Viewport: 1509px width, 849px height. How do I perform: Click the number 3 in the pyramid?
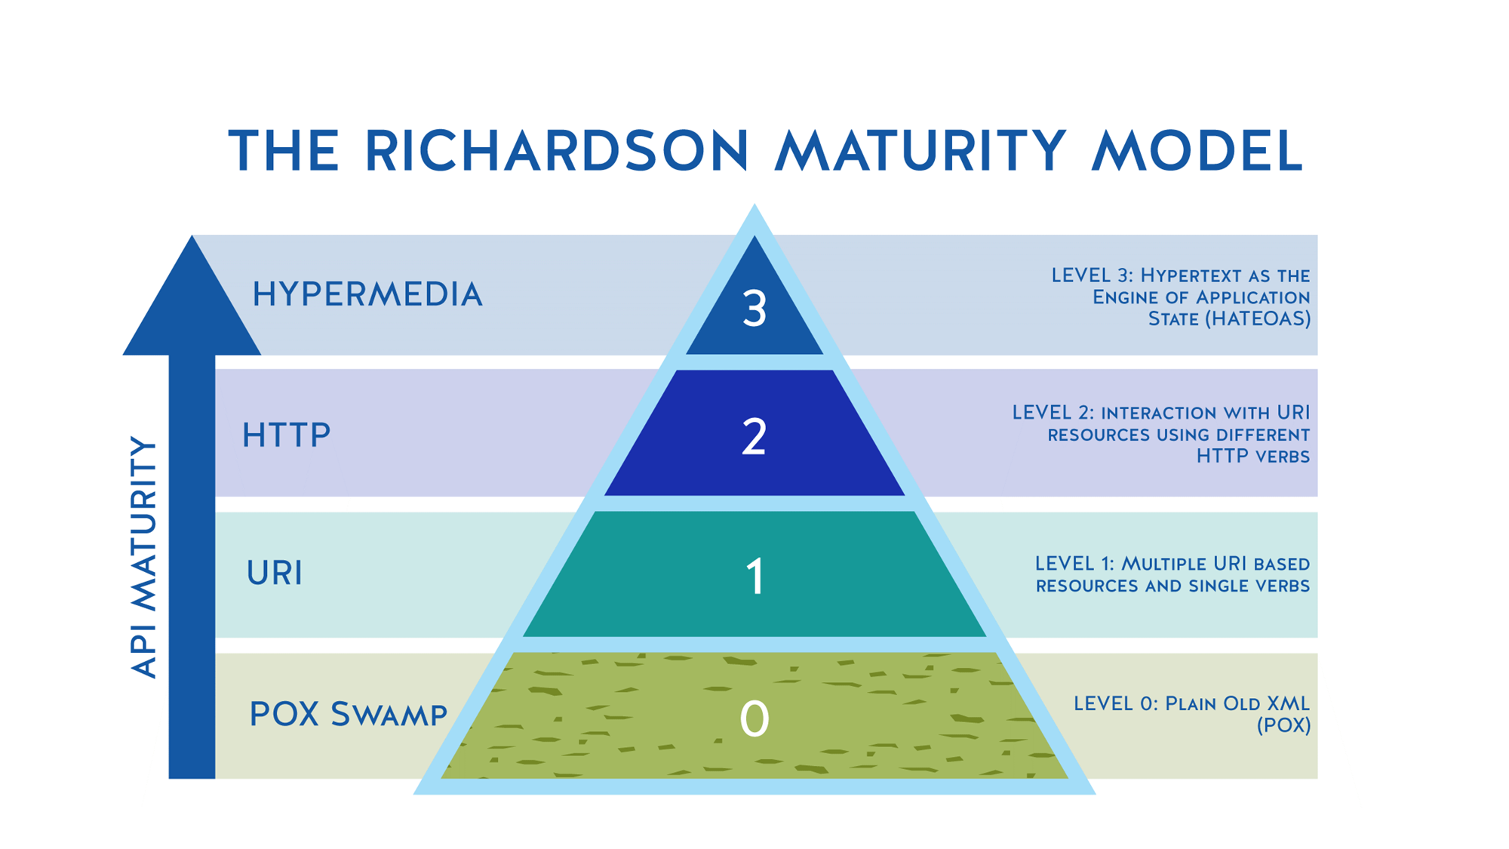pyautogui.click(x=754, y=309)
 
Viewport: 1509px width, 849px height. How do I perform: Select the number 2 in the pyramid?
pyautogui.click(x=754, y=437)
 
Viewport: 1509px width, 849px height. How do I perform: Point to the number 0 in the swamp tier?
pyautogui.click(x=754, y=718)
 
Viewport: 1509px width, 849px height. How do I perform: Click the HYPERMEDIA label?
pyautogui.click(x=367, y=294)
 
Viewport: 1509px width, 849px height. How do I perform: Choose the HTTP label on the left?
pyautogui.click(x=286, y=435)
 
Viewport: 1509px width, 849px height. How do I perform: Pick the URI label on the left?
pyautogui.click(x=274, y=574)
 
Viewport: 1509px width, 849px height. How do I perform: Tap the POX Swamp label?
pyautogui.click(x=348, y=715)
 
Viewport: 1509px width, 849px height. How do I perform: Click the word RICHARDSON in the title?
pyautogui.click(x=557, y=152)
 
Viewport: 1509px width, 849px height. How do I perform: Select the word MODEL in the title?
pyautogui.click(x=1198, y=152)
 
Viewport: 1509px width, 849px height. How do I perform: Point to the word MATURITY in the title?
pyautogui.click(x=921, y=152)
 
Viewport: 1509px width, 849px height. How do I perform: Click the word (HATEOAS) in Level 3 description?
pyautogui.click(x=1257, y=319)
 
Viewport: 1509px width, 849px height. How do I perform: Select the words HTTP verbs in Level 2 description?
pyautogui.click(x=1252, y=457)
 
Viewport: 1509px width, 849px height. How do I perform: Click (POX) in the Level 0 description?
pyautogui.click(x=1283, y=726)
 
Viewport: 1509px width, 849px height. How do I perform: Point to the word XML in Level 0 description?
pyautogui.click(x=1288, y=703)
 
